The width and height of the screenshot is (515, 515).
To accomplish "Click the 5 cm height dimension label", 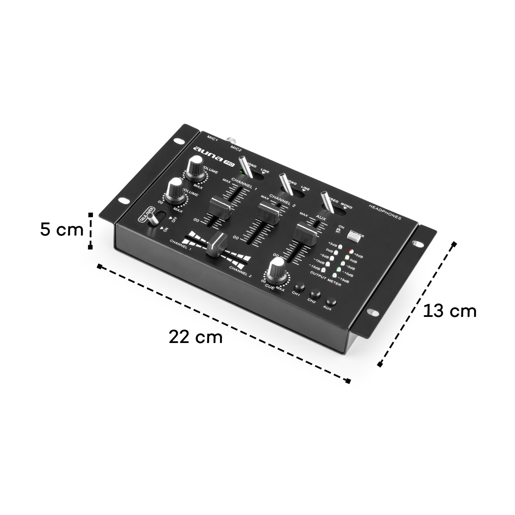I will pos(61,230).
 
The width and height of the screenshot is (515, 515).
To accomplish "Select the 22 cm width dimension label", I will pos(195,337).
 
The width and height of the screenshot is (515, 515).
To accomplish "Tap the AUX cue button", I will pos(331,302).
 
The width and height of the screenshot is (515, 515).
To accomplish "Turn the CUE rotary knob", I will pos(277,268).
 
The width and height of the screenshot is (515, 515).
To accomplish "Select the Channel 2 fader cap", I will pos(269,213).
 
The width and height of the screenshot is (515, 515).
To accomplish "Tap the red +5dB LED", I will pos(351,251).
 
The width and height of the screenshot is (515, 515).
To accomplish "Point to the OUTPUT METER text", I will pos(325,278).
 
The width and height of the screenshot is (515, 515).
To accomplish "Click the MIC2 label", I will pos(237,148).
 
